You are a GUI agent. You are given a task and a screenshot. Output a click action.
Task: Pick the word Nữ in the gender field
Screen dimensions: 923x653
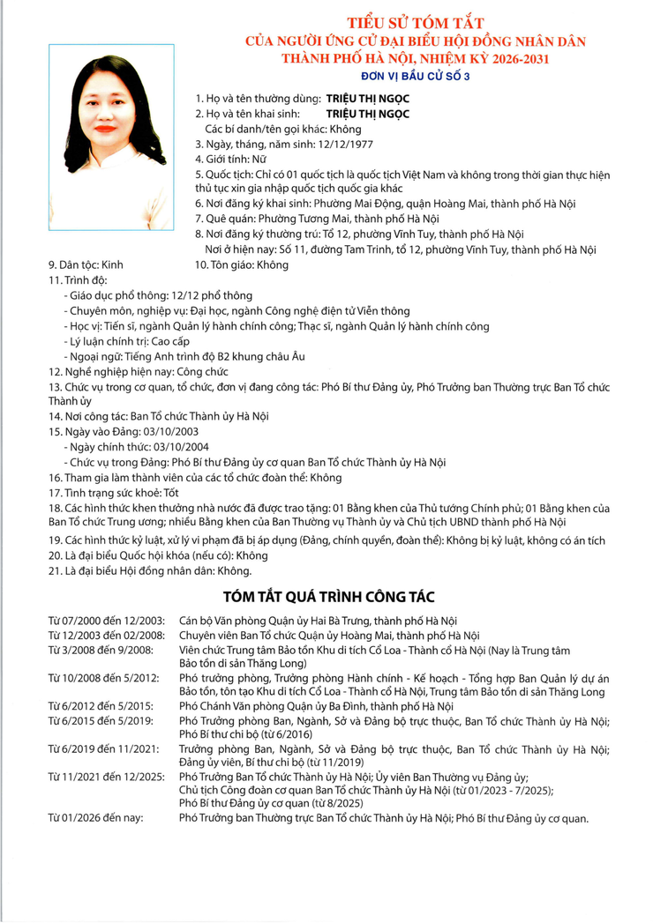click(x=261, y=159)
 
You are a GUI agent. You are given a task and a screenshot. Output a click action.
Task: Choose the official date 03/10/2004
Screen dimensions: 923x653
click(x=181, y=447)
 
